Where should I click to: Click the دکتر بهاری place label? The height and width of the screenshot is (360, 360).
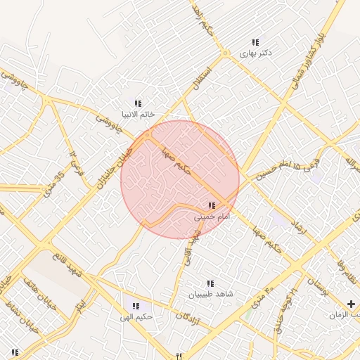click(256, 53)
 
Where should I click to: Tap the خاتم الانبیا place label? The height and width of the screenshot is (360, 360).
click(139, 114)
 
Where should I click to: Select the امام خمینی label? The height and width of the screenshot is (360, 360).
click(212, 217)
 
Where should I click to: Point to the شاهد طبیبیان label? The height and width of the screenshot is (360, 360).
click(210, 294)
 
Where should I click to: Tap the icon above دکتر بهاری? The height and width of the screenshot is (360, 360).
click(256, 42)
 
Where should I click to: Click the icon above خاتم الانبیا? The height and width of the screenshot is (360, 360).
click(139, 103)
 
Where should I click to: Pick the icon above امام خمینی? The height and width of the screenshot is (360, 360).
click(212, 206)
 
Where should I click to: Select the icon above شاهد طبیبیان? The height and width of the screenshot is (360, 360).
click(210, 283)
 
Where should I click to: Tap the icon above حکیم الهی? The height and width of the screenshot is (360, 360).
click(136, 307)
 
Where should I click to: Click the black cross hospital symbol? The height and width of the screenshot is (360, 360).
click(352, 304)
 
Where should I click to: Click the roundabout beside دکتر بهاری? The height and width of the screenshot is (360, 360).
click(224, 54)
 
